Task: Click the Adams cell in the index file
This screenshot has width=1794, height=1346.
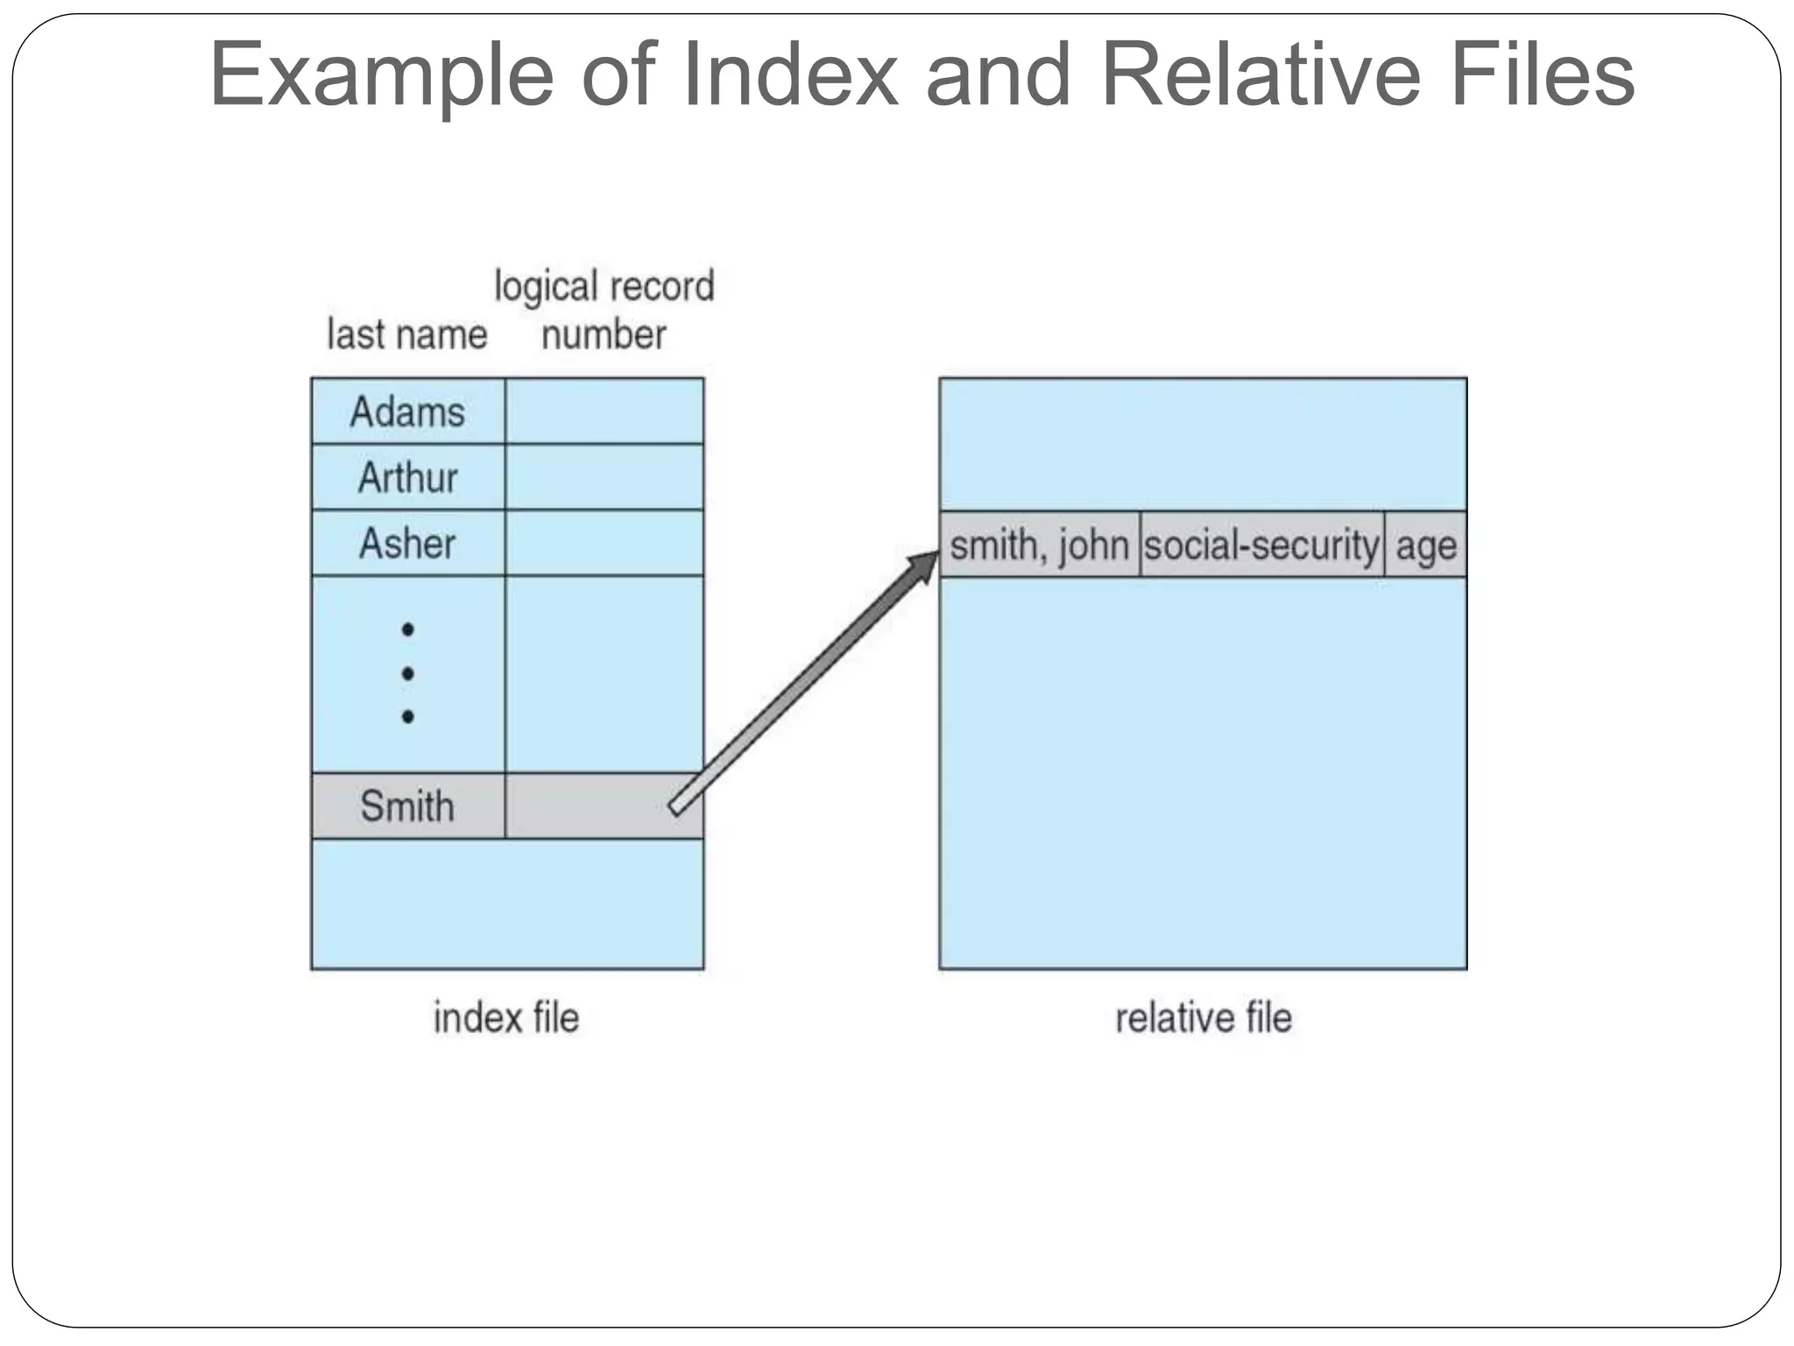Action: [407, 412]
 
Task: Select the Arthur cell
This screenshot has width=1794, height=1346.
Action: [407, 478]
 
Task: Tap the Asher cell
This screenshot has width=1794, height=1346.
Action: [407, 543]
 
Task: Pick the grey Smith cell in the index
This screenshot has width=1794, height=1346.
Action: [407, 806]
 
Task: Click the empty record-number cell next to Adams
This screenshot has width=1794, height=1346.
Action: [604, 412]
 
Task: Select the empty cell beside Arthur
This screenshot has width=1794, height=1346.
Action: [604, 478]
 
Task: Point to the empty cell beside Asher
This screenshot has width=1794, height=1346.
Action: [604, 543]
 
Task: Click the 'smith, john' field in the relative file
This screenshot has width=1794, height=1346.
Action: [1039, 545]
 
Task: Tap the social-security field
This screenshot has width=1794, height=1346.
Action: [1261, 545]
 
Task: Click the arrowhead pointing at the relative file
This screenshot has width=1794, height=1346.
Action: [924, 566]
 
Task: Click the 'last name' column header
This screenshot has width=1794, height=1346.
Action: [406, 335]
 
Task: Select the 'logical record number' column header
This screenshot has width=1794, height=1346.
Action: [604, 310]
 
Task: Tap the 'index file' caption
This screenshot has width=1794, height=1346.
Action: [506, 1018]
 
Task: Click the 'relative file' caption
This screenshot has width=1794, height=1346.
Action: [1203, 1018]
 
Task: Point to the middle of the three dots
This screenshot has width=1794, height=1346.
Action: [407, 673]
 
